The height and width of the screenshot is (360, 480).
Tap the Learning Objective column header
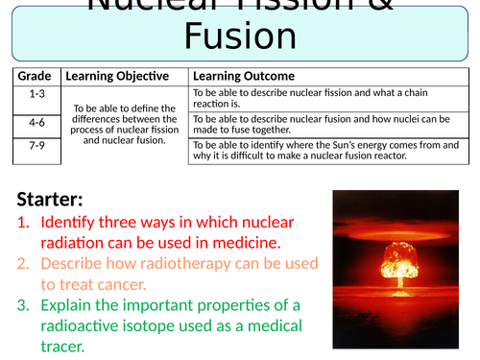point(117,76)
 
